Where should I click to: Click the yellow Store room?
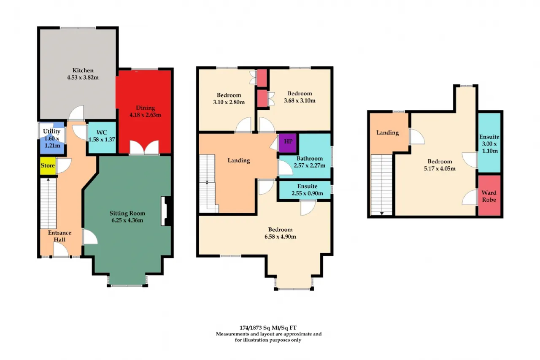click(x=48, y=166)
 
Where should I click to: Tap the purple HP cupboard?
click(x=288, y=143)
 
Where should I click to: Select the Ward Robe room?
click(x=489, y=195)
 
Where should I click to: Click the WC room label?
click(x=102, y=133)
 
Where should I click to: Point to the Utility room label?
click(x=51, y=131)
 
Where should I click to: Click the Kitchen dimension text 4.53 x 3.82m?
click(x=83, y=78)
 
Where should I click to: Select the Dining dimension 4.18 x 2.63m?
click(x=145, y=115)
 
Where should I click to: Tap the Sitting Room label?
click(x=127, y=213)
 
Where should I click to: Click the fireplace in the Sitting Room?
click(x=166, y=211)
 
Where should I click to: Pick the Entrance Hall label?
click(x=59, y=236)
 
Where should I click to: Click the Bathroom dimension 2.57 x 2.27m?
click(x=309, y=166)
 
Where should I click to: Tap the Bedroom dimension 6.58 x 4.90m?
click(x=280, y=237)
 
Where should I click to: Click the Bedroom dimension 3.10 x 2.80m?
click(x=229, y=102)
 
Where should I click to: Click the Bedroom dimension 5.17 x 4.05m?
click(x=440, y=168)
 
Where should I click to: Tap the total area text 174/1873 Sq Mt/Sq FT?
click(x=268, y=328)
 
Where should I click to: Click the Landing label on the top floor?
click(x=387, y=133)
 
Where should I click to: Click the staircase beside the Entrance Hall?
click(x=48, y=203)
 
